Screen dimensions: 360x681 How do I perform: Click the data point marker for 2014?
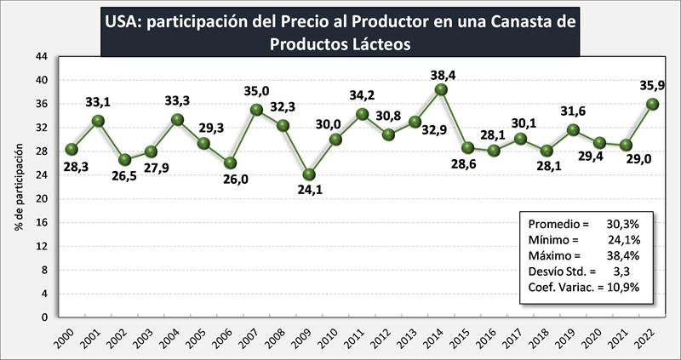click(441, 89)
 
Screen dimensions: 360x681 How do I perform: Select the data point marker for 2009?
click(309, 174)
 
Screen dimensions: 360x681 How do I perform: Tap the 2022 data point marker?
click(652, 104)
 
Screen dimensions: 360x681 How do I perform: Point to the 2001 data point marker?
click(98, 121)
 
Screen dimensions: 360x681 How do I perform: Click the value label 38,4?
click(441, 74)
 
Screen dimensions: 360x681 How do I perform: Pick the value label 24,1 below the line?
click(309, 191)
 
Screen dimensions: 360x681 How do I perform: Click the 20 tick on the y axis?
click(41, 198)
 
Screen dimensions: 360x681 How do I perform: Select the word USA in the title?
click(122, 20)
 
